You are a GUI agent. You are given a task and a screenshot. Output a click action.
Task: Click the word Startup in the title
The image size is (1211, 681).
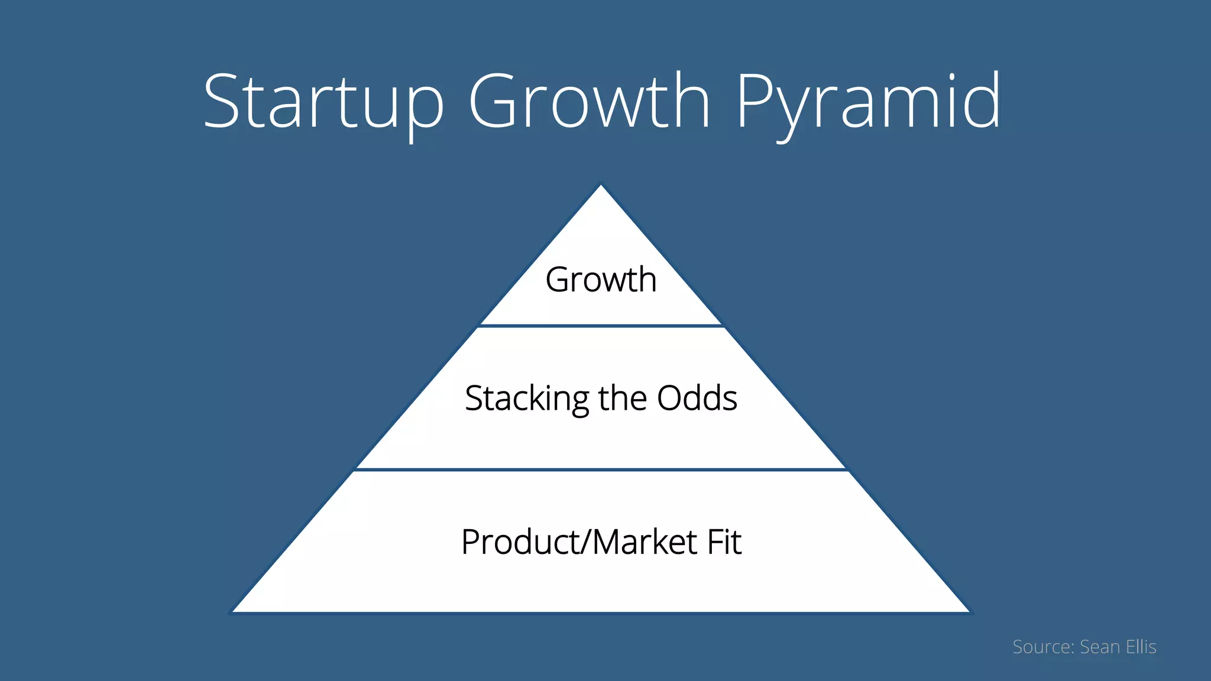(x=323, y=102)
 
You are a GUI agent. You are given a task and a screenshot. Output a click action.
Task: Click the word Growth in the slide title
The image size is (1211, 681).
(x=589, y=102)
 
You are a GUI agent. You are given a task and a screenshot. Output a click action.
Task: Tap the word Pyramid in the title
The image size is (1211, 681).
(x=869, y=102)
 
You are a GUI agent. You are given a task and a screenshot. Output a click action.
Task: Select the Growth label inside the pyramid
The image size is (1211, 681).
(x=601, y=280)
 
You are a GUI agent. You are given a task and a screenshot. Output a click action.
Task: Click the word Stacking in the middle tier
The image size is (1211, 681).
(x=526, y=399)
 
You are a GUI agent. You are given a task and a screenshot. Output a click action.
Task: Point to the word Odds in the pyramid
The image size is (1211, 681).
(x=697, y=398)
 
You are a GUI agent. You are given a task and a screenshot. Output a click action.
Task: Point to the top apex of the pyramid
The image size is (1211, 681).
(x=601, y=186)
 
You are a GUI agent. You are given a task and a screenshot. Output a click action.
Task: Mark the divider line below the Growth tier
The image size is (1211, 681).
(x=601, y=326)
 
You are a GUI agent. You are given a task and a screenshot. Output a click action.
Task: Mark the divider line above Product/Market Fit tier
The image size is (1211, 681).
(x=601, y=470)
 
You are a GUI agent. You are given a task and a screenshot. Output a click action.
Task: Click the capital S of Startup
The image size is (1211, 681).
(x=222, y=102)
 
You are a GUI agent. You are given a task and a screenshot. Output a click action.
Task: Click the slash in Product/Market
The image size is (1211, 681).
(x=586, y=542)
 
